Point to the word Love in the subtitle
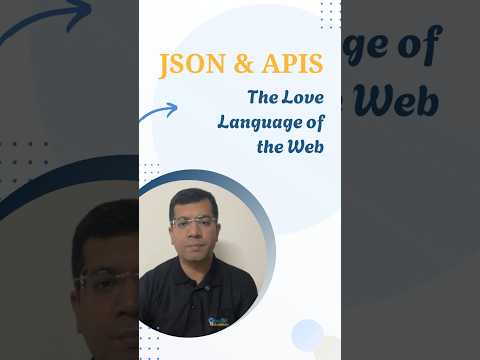pyautogui.click(x=302, y=98)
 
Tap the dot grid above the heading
pyautogui.click(x=330, y=14)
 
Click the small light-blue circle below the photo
pyautogui.click(x=307, y=334)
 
